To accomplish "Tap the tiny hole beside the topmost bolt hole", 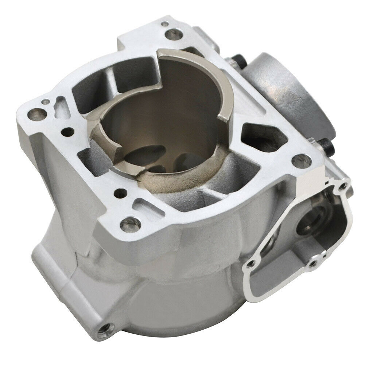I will (x=166, y=24).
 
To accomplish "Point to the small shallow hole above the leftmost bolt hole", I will (x=45, y=102).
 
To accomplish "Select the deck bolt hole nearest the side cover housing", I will (x=300, y=159).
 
